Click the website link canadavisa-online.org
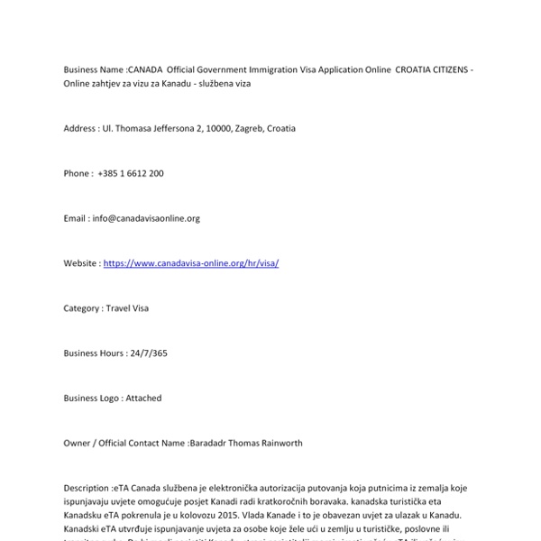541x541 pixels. click(191, 263)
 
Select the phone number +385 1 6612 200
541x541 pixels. click(131, 173)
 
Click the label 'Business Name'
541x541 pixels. click(94, 69)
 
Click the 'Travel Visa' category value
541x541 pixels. click(127, 308)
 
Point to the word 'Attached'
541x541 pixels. click(143, 398)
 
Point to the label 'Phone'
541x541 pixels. click(76, 173)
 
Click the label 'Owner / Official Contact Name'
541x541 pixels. click(124, 443)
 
